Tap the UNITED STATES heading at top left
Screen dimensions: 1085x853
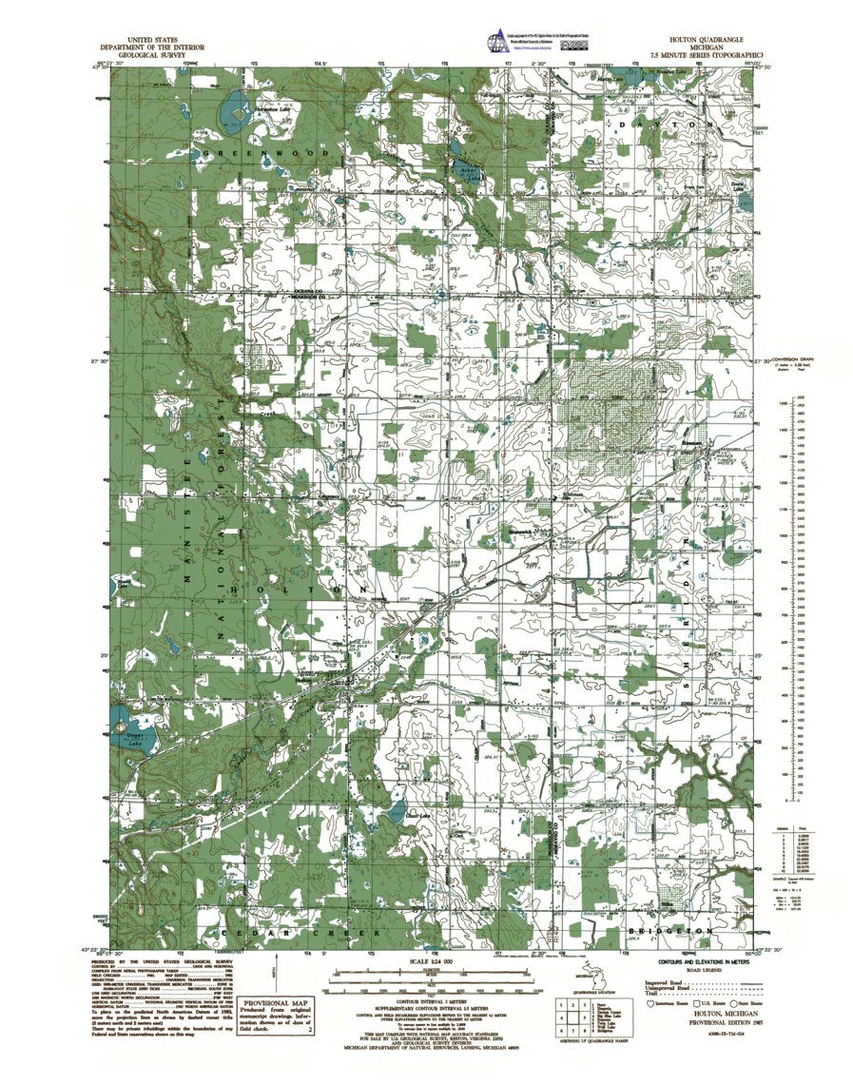tap(146, 42)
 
